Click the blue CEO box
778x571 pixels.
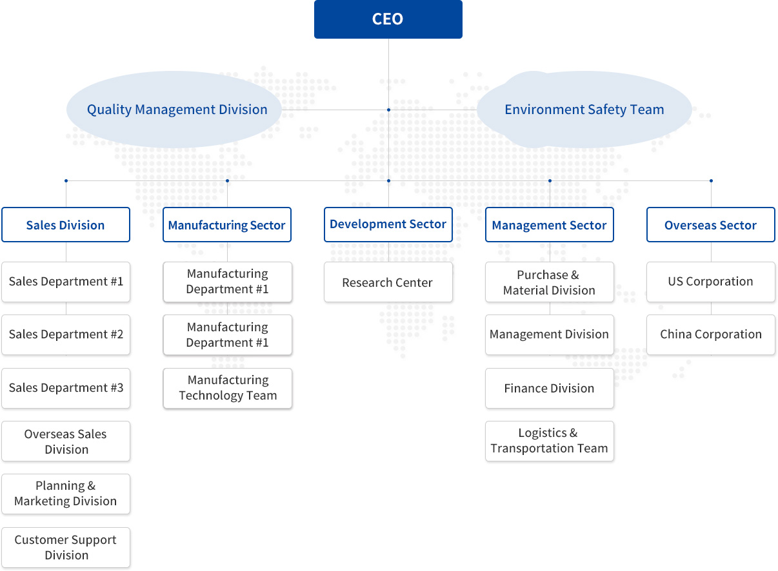pos(388,19)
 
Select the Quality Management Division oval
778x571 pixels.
pos(174,110)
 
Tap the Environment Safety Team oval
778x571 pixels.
pos(584,110)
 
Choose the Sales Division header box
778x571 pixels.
pos(66,225)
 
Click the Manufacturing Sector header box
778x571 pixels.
pos(227,225)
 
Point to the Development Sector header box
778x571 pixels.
pos(388,225)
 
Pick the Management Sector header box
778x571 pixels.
pos(550,225)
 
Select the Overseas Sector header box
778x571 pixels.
pos(711,225)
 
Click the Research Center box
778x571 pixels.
pos(388,282)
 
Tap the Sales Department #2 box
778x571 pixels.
pos(66,334)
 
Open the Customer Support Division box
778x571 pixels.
pos(66,547)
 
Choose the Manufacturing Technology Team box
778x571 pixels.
pos(227,388)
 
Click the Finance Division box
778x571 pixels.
pos(550,388)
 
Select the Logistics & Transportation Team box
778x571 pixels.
pos(550,441)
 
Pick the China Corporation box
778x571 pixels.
pos(711,334)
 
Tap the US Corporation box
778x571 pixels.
pos(711,282)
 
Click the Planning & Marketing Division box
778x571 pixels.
pos(66,494)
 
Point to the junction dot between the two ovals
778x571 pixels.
pos(388,110)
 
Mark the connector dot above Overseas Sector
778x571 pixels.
pos(711,180)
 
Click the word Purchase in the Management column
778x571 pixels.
pos(542,275)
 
